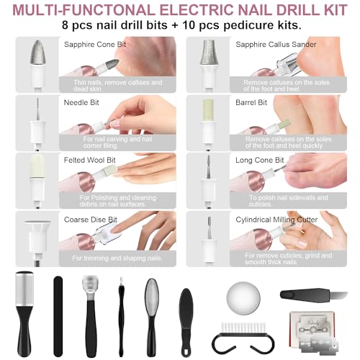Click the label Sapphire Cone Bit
pos(95,45)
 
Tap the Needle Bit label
pos(81,103)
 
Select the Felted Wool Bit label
pos(89,160)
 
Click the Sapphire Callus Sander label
pos(276,45)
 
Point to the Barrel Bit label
pos(251,103)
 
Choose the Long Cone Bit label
pos(260,161)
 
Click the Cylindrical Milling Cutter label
pos(276,220)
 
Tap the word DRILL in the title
pos(284,10)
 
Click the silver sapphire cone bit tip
pos(38,52)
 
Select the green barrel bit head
pos(208,110)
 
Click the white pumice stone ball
pos(243,297)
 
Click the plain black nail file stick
pos(58,316)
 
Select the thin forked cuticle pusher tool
pos(122,317)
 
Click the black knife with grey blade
pos(314,294)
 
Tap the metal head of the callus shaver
pos(90,285)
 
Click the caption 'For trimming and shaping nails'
pos(117,258)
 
